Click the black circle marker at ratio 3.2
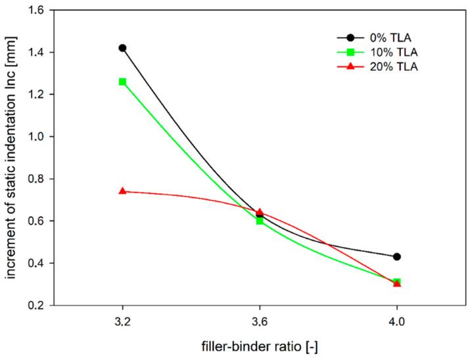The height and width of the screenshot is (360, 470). (x=122, y=48)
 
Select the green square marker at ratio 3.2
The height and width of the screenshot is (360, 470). (x=122, y=81)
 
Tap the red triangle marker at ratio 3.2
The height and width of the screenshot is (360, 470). (x=122, y=191)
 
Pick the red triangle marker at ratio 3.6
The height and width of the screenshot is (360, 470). (x=260, y=212)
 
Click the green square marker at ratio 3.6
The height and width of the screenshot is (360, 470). (x=260, y=221)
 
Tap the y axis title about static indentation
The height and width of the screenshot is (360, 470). (x=11, y=158)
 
